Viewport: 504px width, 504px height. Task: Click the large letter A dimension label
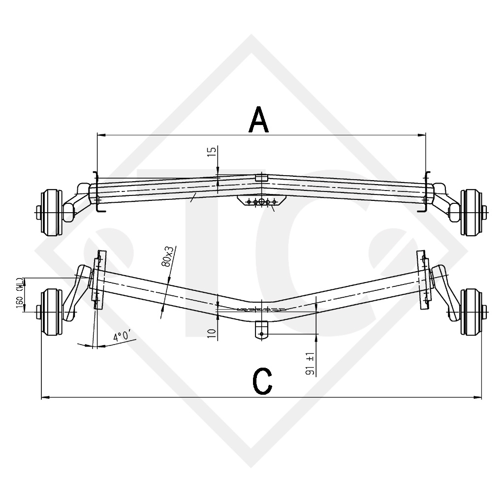[x=259, y=120]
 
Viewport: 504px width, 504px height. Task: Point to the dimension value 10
[x=212, y=333]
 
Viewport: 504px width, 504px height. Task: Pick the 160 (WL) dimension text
[x=19, y=294]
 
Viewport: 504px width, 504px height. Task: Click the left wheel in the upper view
[x=51, y=212]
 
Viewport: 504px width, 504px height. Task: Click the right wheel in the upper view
[x=471, y=212]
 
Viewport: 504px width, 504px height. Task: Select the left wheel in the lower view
[x=51, y=312]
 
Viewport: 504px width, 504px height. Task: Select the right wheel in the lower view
[x=471, y=312]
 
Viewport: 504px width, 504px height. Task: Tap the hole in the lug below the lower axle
[x=261, y=334]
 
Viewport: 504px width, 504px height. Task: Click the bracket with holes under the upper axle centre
[x=254, y=202]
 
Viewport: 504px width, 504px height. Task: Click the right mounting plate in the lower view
[x=423, y=281]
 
